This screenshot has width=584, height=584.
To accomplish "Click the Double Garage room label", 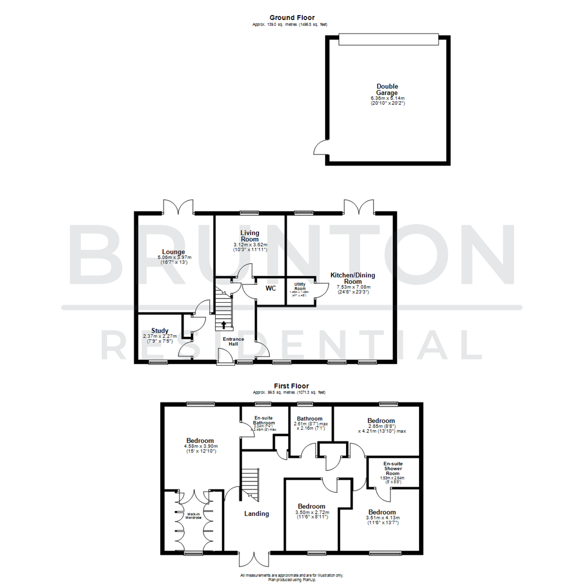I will (387, 89).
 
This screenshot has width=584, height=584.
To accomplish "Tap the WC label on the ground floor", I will (270, 289).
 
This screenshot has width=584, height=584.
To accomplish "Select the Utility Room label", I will (300, 286).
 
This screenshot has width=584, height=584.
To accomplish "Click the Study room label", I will (160, 331).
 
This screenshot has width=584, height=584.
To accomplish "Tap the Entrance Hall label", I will (234, 342).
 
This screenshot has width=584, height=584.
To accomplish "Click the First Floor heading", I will (291, 386).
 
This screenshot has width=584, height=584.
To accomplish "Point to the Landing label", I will (256, 514).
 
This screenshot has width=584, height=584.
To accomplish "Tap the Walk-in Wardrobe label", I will (194, 516).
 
